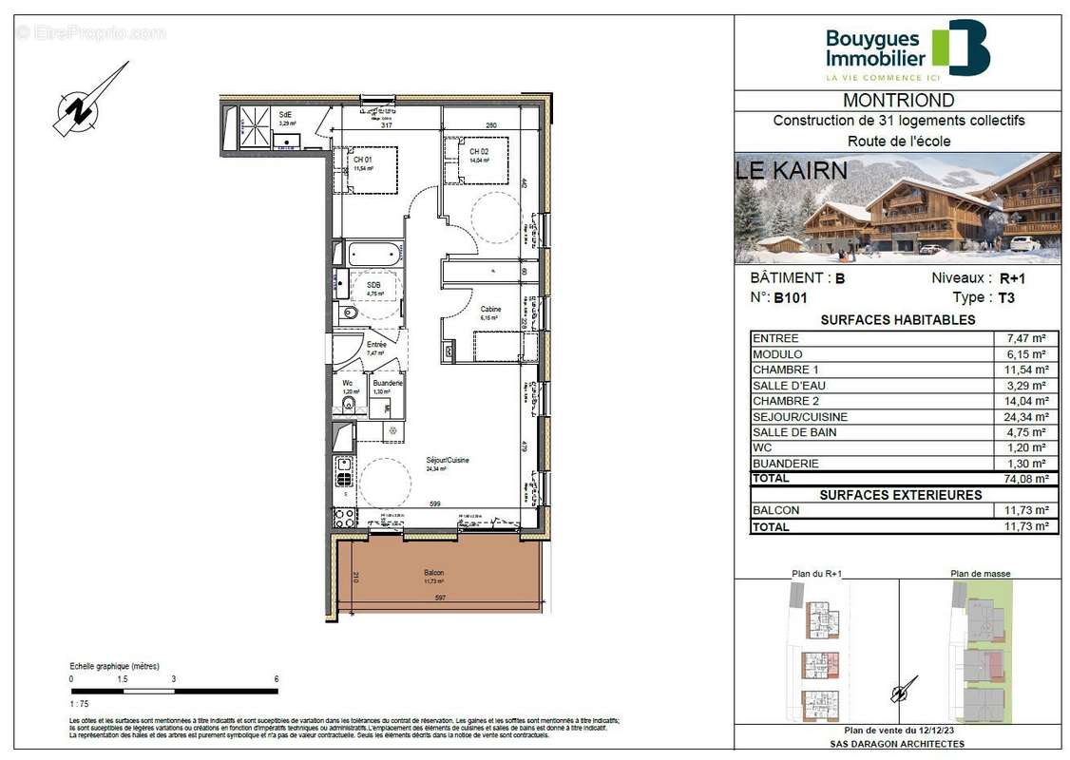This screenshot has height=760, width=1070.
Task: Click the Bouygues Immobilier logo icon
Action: (961, 47)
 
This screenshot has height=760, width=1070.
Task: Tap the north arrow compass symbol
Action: (88, 102)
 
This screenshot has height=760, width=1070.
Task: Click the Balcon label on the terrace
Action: (434, 574)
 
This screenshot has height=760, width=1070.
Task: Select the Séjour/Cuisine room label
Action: (447, 461)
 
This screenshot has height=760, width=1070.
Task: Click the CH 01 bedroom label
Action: (362, 160)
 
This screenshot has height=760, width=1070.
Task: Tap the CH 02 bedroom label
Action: (478, 152)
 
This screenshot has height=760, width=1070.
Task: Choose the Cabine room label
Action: (490, 310)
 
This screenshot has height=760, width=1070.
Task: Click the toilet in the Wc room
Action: (350, 405)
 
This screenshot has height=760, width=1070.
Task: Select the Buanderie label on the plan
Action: (388, 383)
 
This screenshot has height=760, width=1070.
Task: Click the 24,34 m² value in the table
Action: (1025, 416)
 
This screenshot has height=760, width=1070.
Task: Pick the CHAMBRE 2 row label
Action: (784, 401)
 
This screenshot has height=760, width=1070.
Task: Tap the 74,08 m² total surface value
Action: (1025, 479)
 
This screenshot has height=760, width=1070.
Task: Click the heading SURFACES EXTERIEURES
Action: (900, 495)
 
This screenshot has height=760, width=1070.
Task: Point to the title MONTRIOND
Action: (899, 101)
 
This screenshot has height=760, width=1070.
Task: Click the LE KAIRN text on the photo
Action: (792, 171)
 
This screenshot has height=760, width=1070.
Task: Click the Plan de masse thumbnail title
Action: (981, 574)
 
